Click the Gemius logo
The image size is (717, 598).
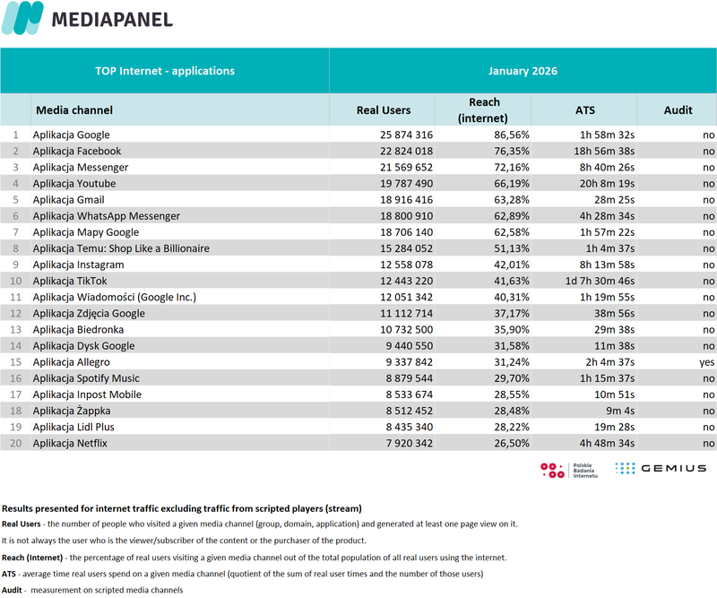pyautogui.click(x=661, y=468)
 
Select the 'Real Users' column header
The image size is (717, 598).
pyautogui.click(x=383, y=110)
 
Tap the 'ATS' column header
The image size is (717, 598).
pyautogui.click(x=584, y=110)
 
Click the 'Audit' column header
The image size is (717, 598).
pyautogui.click(x=678, y=110)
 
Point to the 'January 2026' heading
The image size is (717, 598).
pyautogui.click(x=523, y=71)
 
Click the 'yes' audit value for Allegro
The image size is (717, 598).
pyautogui.click(x=706, y=362)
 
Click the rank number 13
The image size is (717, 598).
pyautogui.click(x=14, y=330)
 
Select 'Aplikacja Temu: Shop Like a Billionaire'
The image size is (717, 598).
pyautogui.click(x=121, y=248)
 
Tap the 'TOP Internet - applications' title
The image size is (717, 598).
pyautogui.click(x=165, y=71)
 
